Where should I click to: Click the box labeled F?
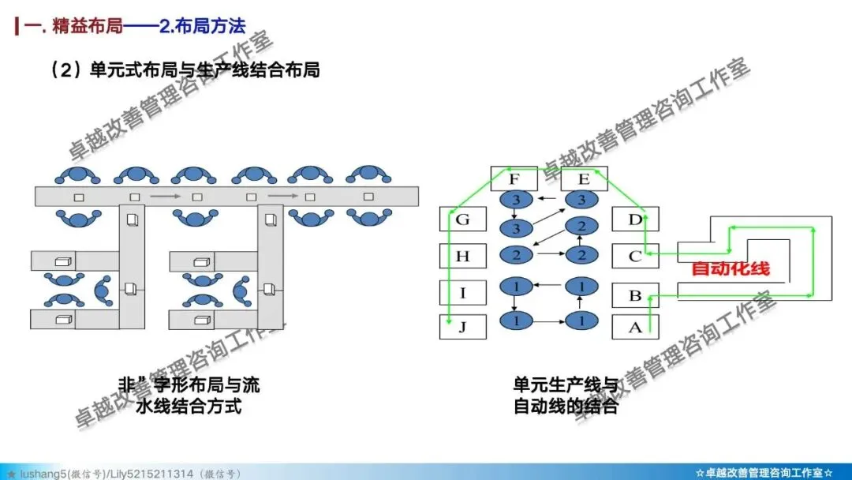click(x=514, y=178)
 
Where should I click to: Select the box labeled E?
click(x=583, y=178)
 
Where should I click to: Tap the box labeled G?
click(x=462, y=219)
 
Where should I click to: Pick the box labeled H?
click(x=462, y=256)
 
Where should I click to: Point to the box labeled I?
click(x=462, y=293)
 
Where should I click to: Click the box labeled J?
click(x=462, y=327)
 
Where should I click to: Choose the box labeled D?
click(x=635, y=219)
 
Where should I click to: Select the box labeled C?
click(x=635, y=256)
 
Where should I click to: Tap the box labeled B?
click(x=635, y=296)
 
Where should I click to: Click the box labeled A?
click(x=635, y=328)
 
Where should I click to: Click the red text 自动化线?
click(x=730, y=268)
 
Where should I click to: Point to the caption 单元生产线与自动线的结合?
click(x=566, y=396)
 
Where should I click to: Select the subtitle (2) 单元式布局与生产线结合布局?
click(x=185, y=69)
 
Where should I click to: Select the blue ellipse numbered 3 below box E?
click(x=582, y=201)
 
